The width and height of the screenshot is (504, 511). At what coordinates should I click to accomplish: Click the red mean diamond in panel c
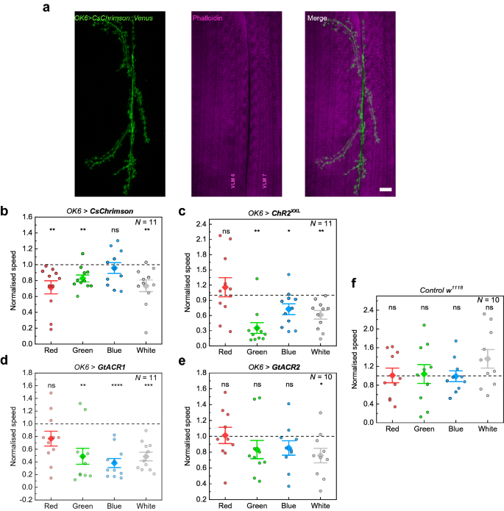pyautogui.click(x=225, y=286)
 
